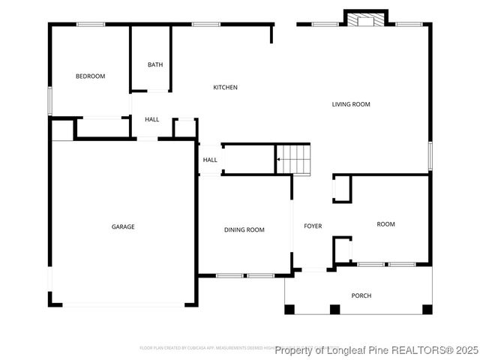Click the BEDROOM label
click(x=90, y=76)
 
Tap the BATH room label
click(x=155, y=65)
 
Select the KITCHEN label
click(x=225, y=88)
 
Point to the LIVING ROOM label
click(x=351, y=104)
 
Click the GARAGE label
click(x=123, y=226)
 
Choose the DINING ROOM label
click(x=244, y=230)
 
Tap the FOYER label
click(x=313, y=226)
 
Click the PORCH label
click(x=361, y=295)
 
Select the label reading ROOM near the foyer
click(x=385, y=224)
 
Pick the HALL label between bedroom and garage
click(x=152, y=120)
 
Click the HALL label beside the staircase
click(x=210, y=160)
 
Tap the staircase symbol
click(x=293, y=159)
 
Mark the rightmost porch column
click(x=427, y=309)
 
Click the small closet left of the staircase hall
click(x=184, y=128)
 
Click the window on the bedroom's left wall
click(x=50, y=100)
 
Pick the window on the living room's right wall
click(x=430, y=155)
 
